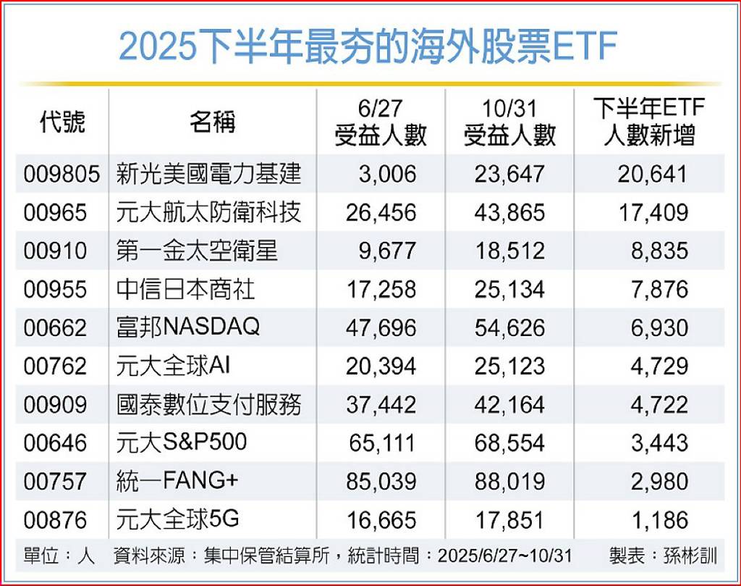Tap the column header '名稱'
coord(212,122)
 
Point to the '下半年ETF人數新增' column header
coord(648,122)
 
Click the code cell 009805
coord(61,174)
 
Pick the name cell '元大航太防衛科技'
coord(208,212)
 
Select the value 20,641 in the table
coord(651,174)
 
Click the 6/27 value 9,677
coord(387,251)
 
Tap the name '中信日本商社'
coord(185,290)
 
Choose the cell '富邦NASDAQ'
coord(187,327)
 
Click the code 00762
coord(55,367)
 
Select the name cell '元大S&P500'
coord(182,443)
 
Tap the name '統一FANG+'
coord(177,481)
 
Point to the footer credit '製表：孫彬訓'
coord(662,556)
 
